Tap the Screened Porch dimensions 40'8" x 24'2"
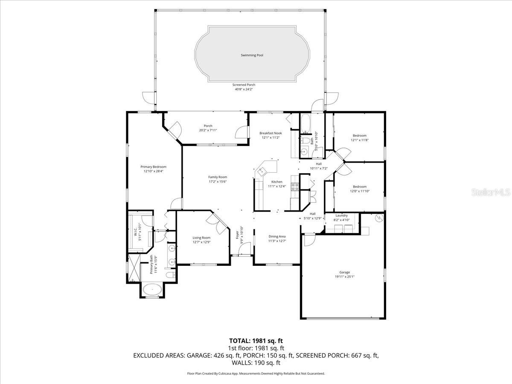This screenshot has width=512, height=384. pyautogui.click(x=244, y=89)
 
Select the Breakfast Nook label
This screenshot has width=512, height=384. pyautogui.click(x=271, y=133)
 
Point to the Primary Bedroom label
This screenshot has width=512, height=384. pyautogui.click(x=154, y=167)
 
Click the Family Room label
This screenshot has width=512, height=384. pyautogui.click(x=218, y=177)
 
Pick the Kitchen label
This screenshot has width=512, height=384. pyautogui.click(x=276, y=182)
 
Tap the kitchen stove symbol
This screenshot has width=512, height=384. pyautogui.click(x=294, y=187)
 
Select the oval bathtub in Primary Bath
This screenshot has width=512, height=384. pyautogui.click(x=152, y=290)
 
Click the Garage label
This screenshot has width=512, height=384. pyautogui.click(x=344, y=272)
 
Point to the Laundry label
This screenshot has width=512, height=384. pyautogui.click(x=341, y=215)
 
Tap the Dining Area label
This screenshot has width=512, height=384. pyautogui.click(x=277, y=236)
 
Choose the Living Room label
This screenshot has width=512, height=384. pyautogui.click(x=201, y=238)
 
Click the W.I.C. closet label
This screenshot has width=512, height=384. pyautogui.click(x=135, y=233)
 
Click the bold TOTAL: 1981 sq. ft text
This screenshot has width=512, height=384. pyautogui.click(x=256, y=340)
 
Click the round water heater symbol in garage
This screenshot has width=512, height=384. pyautogui.click(x=377, y=218)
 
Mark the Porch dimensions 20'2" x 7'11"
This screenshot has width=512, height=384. pyautogui.click(x=208, y=130)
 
